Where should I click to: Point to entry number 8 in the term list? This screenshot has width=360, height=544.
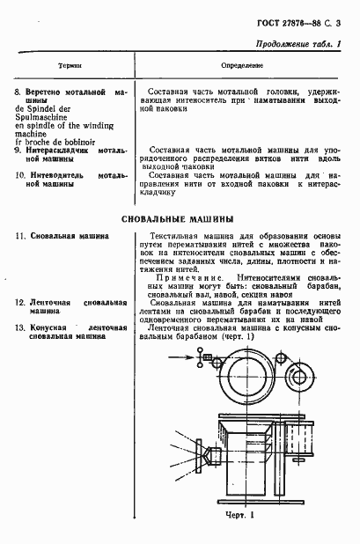pyautogui.click(x=18, y=92)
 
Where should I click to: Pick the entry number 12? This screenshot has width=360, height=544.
pyautogui.click(x=19, y=303)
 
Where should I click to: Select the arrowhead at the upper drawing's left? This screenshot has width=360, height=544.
pyautogui.click(x=196, y=357)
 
